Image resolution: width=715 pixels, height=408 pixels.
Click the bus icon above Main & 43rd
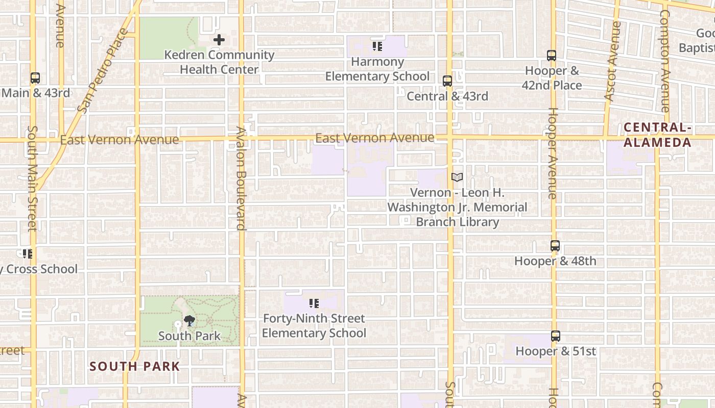[x=35, y=78]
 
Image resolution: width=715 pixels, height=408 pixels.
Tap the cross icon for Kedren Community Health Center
[x=219, y=39]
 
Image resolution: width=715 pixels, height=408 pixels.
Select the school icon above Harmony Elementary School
[x=377, y=47]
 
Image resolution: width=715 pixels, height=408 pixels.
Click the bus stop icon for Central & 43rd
[x=447, y=81]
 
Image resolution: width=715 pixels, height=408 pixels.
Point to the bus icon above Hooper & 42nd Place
[x=552, y=56]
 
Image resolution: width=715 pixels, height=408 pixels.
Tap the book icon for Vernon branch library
[x=457, y=177]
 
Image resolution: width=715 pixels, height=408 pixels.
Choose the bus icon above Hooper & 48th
[x=555, y=246]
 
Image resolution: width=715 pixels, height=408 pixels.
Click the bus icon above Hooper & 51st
[x=556, y=336]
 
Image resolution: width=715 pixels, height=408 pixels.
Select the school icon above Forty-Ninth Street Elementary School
[x=314, y=303]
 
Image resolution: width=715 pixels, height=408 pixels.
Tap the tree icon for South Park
[x=189, y=321]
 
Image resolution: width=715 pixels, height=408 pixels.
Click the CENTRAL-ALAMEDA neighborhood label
[x=657, y=135]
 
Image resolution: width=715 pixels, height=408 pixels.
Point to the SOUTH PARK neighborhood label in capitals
[x=135, y=366]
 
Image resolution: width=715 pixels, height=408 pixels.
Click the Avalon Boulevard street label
[x=241, y=178]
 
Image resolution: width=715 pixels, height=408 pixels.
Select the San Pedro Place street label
[x=103, y=71]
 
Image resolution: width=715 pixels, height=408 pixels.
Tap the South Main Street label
[x=32, y=178]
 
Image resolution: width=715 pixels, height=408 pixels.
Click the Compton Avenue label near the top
[x=664, y=61]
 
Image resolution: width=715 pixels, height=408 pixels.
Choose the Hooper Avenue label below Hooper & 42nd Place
[x=552, y=153]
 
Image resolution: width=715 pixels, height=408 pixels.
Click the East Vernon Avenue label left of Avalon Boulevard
[x=120, y=140]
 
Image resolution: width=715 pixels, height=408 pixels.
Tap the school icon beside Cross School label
[x=28, y=253]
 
